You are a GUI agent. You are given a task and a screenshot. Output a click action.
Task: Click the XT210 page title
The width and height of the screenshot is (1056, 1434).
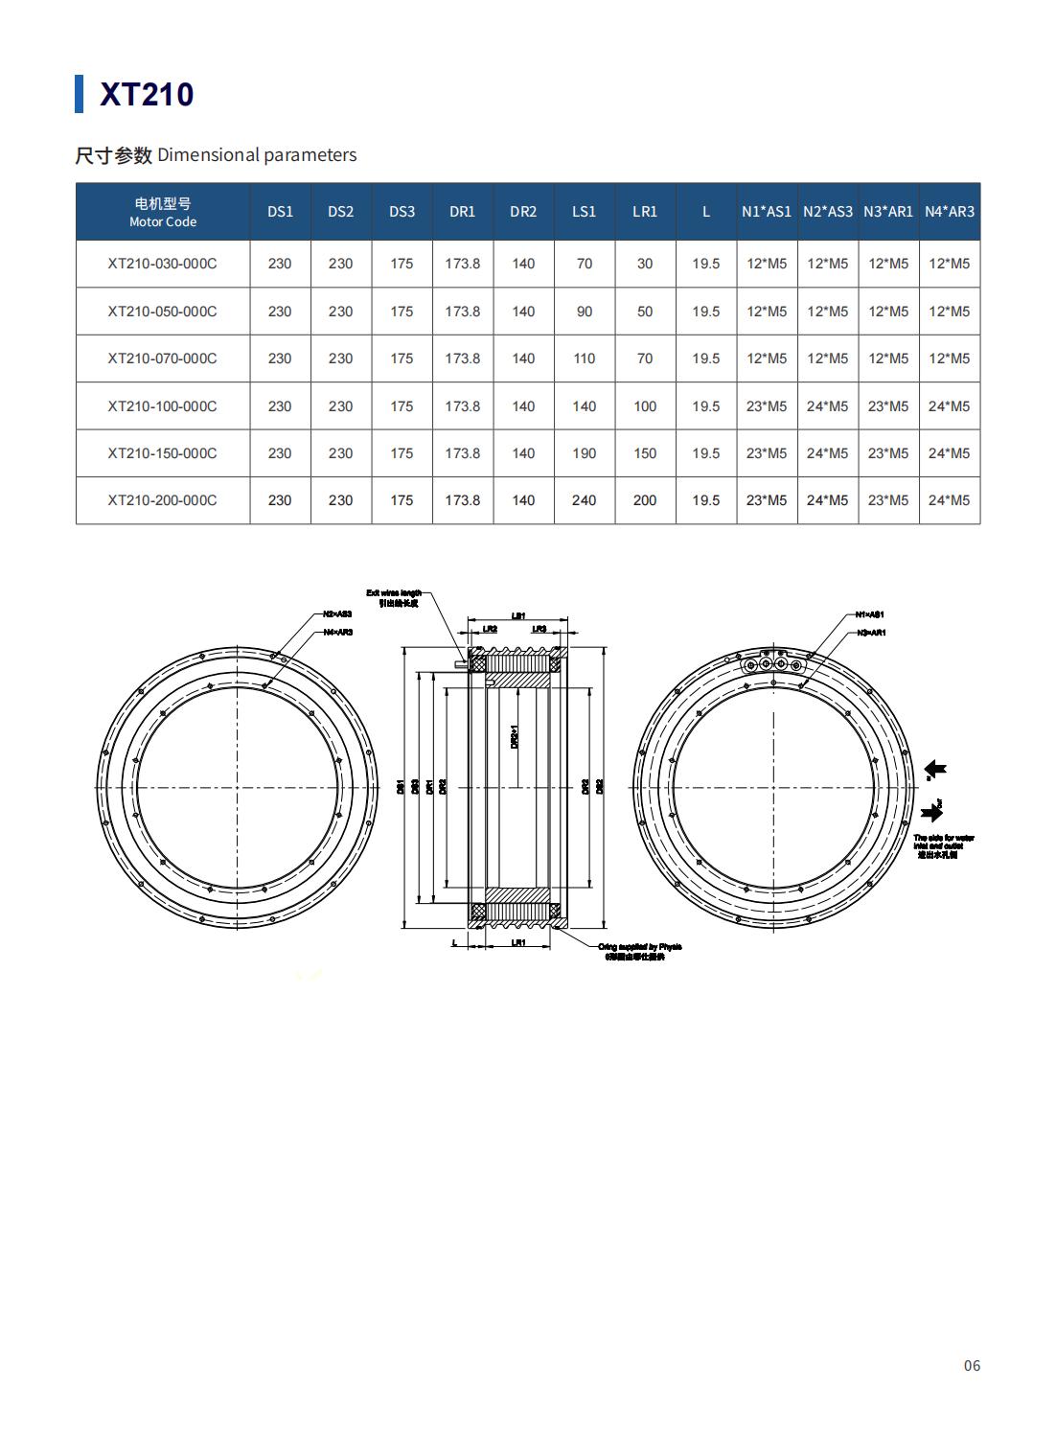147,94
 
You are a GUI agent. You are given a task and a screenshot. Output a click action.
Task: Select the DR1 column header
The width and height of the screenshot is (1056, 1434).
462,211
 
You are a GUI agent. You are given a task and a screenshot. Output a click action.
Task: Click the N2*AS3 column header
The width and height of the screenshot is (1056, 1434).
827,211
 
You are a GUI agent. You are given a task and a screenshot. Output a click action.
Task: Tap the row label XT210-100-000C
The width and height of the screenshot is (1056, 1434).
162,405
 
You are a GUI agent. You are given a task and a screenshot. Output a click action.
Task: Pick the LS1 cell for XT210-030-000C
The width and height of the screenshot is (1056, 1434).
584,264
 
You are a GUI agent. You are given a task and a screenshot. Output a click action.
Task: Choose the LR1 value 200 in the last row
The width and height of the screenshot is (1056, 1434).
645,499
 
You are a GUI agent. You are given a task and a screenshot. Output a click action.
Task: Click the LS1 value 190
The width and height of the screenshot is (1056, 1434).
584,452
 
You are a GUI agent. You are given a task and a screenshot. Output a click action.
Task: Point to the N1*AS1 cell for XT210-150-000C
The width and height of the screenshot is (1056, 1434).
766,452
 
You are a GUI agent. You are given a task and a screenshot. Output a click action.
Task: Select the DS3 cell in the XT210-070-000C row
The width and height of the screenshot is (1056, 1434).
402,358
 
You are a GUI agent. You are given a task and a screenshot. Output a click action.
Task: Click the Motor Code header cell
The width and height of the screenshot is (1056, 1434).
163,211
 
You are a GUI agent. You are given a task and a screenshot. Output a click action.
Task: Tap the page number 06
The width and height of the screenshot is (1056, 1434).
972,1365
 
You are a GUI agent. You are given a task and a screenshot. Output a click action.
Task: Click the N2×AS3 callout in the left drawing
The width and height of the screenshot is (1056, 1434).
336,613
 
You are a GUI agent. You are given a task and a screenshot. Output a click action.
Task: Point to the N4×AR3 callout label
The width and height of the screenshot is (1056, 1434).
336,632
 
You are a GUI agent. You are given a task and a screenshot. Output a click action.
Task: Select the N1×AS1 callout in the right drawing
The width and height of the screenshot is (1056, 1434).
869,613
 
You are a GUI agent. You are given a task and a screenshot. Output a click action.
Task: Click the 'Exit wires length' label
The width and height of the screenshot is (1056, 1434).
393,593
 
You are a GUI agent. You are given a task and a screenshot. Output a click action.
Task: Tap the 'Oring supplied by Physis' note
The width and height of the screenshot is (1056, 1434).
639,947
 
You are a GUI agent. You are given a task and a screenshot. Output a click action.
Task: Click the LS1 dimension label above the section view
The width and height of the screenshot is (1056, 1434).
517,616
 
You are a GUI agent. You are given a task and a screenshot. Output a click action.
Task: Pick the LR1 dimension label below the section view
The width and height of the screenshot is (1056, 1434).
517,943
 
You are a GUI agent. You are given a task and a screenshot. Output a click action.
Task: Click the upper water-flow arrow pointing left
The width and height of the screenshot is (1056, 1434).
935,769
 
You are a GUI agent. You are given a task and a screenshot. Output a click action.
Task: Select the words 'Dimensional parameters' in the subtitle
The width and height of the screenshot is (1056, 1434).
257,155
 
